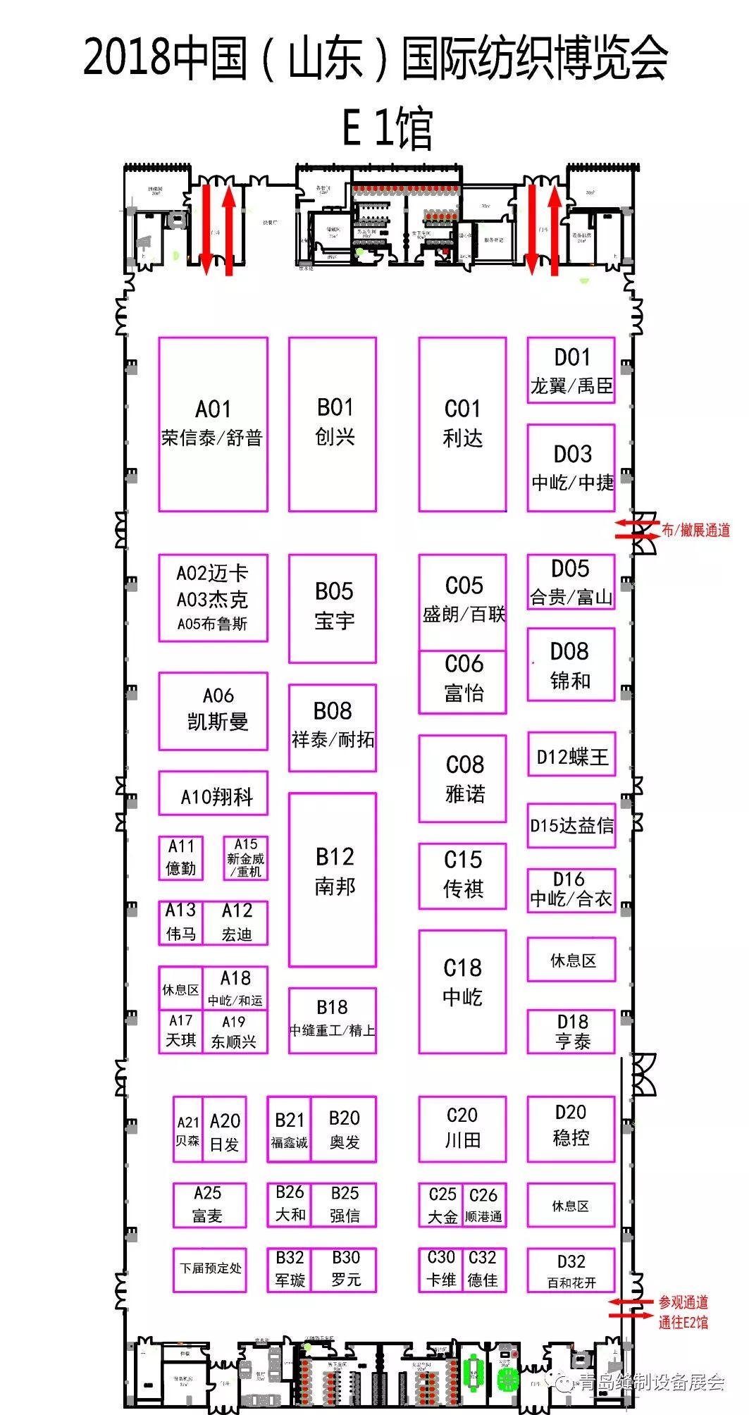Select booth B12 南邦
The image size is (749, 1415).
point(333,879)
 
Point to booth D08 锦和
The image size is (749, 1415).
point(571,665)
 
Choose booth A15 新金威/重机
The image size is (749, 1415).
point(245,858)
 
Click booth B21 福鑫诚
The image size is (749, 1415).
point(289,1129)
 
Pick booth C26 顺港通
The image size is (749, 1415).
point(484,1205)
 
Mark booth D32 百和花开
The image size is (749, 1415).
point(571,1270)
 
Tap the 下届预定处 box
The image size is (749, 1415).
point(210,1268)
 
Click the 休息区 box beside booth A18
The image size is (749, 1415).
point(180,989)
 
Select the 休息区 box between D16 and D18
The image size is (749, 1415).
point(571,959)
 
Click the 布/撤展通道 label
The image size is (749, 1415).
point(695,531)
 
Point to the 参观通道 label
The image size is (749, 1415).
point(683,1302)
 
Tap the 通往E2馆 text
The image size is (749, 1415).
point(683,1322)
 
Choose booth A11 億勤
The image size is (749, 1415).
point(181,858)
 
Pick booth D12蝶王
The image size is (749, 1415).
point(571,757)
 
